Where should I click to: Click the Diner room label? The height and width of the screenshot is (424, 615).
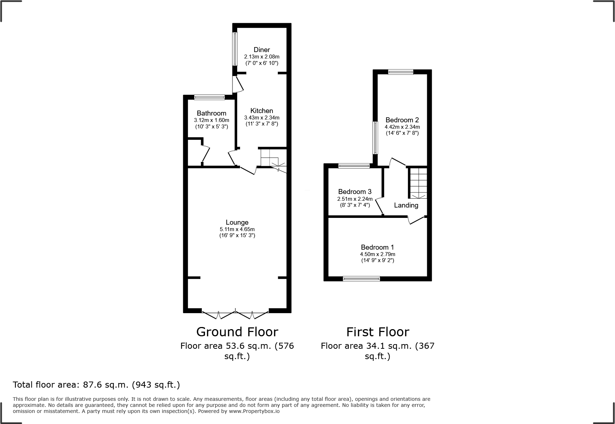[x=261, y=50]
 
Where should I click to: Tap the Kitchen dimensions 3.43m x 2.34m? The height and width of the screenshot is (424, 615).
[x=261, y=118]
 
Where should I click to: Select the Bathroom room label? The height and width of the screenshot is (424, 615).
[x=211, y=113]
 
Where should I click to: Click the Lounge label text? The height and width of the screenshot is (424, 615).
[x=237, y=222]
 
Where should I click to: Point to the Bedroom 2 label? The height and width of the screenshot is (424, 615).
[x=402, y=120]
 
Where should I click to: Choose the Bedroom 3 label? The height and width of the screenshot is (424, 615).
[x=355, y=192]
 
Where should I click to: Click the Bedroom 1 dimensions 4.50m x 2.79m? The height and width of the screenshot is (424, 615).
[x=377, y=254]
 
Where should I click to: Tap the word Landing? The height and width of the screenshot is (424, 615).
[x=406, y=205]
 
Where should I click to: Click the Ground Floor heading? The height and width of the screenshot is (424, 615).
[x=237, y=332]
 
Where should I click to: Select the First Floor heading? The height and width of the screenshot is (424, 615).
[x=377, y=332]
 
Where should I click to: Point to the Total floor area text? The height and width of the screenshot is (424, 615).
[x=96, y=385]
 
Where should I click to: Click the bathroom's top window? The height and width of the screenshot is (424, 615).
[x=209, y=97]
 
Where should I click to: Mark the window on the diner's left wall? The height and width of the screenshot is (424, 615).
[x=235, y=49]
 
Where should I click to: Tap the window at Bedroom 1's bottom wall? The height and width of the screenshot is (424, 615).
[x=361, y=279]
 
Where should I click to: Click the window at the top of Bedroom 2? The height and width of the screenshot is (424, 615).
[x=400, y=72]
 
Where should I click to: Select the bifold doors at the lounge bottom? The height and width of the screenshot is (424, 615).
[x=235, y=314]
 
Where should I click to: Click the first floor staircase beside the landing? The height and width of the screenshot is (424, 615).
[x=418, y=183]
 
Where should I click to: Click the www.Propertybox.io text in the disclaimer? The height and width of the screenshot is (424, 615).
[x=254, y=411]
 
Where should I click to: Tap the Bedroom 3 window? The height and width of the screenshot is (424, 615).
[x=354, y=166]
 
